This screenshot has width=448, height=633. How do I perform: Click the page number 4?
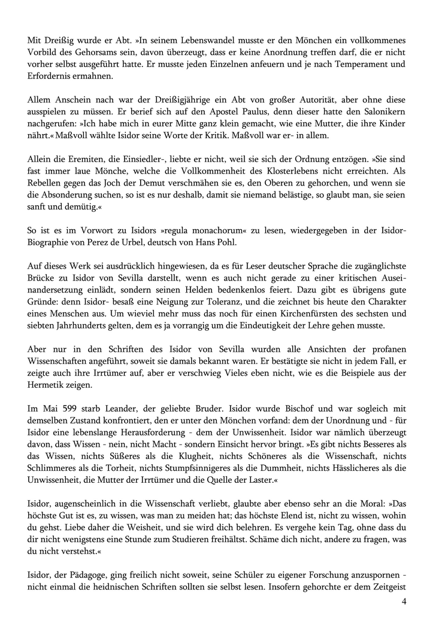tap(405, 601)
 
